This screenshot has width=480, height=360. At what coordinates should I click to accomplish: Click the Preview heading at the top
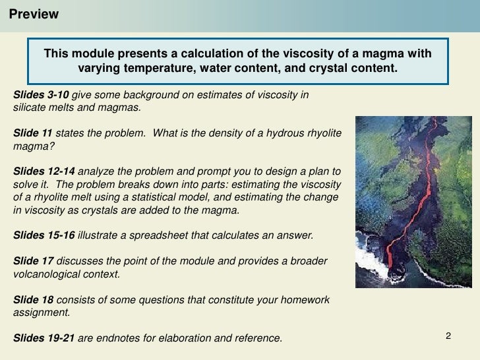(34, 15)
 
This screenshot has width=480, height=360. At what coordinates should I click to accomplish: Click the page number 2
(448, 337)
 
